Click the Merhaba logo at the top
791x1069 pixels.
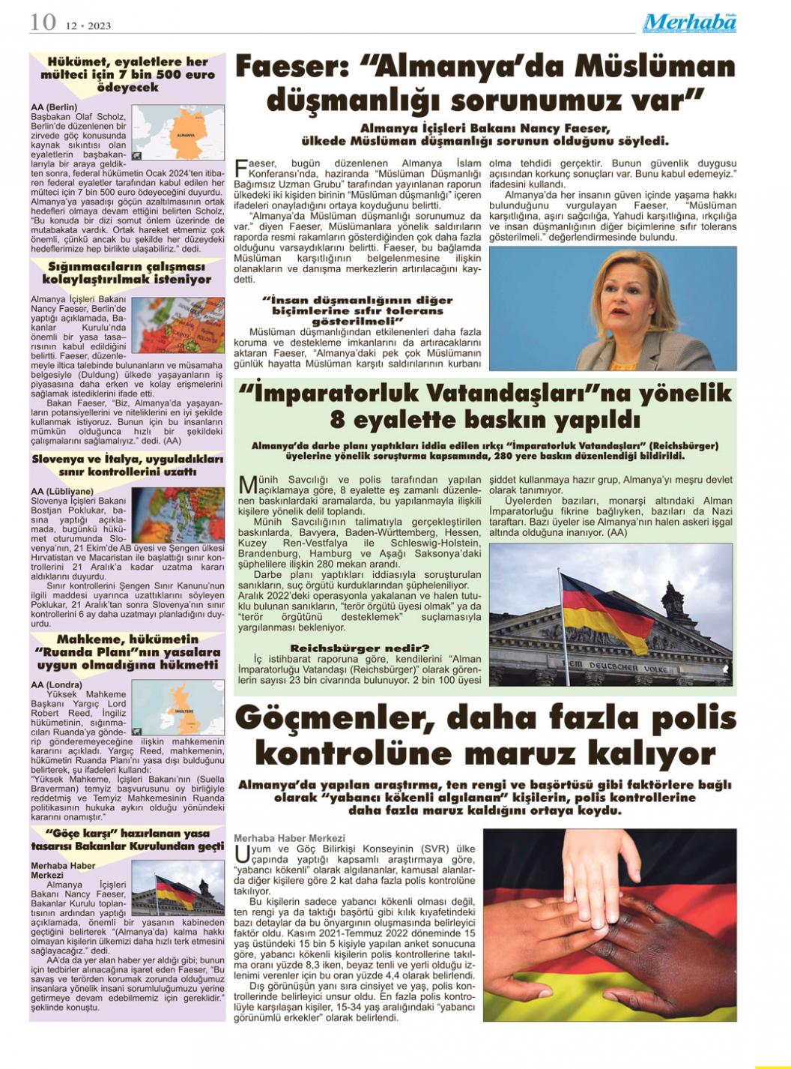pos(689,22)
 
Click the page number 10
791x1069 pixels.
pos(43,22)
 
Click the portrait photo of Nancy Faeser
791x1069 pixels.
pos(613,308)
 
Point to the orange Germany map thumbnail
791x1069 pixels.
pos(178,133)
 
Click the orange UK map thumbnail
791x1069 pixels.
pos(178,707)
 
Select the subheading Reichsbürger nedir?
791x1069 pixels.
pos(360,648)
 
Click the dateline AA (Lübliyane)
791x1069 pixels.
pos(62,491)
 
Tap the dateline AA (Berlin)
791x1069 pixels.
pos(54,107)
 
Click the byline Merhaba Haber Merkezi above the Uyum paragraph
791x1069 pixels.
pos(289,837)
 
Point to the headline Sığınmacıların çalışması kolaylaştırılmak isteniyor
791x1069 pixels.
pos(127,273)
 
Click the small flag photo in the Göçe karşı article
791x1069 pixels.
pos(178,888)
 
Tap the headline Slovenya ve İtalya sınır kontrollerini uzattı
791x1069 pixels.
pos(127,466)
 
